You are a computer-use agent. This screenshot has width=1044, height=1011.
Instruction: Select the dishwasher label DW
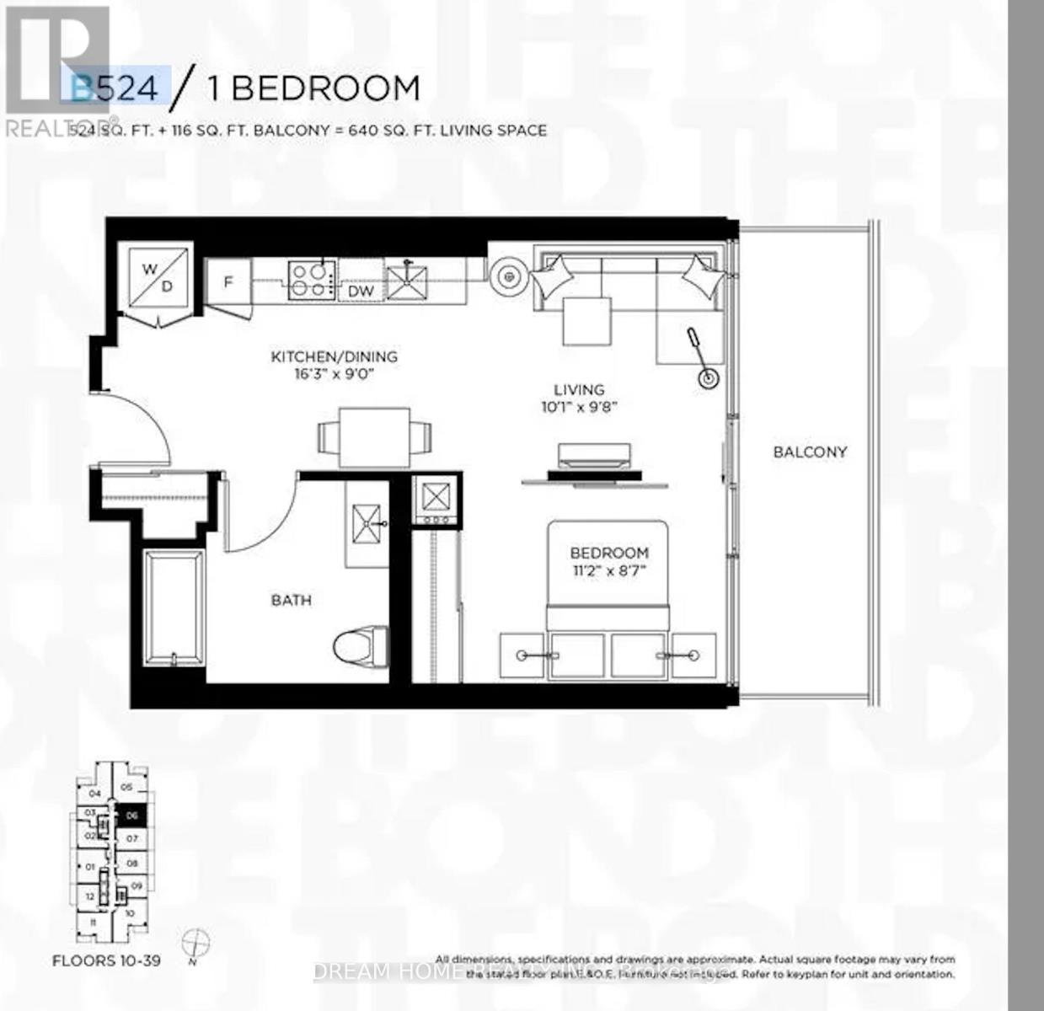tap(361, 291)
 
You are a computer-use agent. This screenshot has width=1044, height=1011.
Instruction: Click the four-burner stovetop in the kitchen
tap(311, 280)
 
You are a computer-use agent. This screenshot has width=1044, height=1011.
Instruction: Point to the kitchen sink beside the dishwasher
tap(407, 281)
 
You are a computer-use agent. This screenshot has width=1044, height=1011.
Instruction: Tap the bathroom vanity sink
tap(367, 523)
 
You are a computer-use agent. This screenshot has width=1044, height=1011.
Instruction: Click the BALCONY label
tap(810, 452)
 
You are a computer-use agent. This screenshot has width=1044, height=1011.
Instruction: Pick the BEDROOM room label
tap(609, 553)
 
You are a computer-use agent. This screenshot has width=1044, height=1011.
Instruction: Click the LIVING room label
tap(579, 390)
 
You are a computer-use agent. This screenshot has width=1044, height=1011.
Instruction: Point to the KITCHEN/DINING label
tap(334, 356)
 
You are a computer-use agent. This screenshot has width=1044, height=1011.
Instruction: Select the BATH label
tap(291, 600)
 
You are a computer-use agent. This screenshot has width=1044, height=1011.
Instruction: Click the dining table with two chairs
tap(375, 437)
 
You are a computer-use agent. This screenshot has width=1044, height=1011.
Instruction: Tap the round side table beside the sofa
tap(508, 275)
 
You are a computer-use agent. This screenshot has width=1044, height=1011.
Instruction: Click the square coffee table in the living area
tap(587, 320)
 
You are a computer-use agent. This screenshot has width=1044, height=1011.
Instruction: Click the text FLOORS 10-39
tap(106, 960)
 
